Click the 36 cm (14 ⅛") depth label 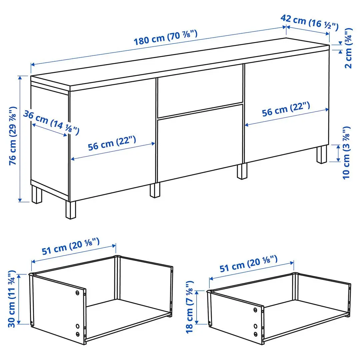(51, 122)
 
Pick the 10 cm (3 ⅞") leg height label (347, 152)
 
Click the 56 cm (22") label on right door (286, 109)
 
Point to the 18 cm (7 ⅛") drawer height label (189, 307)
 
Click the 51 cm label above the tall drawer (71, 245)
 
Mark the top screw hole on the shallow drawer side (255, 310)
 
